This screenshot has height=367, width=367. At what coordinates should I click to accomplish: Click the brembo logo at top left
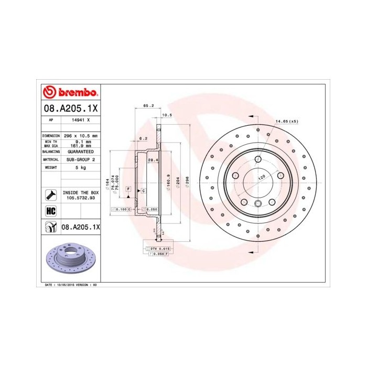pos(70,92)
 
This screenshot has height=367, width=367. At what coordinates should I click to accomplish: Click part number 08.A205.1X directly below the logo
pos(70,109)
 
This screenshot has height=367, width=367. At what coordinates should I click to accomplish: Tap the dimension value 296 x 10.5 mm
pos(81,135)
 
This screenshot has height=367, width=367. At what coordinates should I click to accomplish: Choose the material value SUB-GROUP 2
pos(81,159)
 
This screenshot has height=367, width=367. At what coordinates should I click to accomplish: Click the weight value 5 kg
pos(81,167)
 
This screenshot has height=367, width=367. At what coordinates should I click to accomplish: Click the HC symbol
pos(51,211)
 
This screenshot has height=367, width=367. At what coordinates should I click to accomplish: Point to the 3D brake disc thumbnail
pos(69,259)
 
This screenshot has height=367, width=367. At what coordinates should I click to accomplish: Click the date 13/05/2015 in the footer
pos(66,284)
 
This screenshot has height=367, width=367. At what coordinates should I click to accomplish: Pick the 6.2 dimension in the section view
pos(142,138)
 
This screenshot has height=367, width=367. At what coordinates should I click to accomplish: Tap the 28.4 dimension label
pos(153,160)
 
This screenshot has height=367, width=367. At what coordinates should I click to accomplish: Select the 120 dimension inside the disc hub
pos(261,178)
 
